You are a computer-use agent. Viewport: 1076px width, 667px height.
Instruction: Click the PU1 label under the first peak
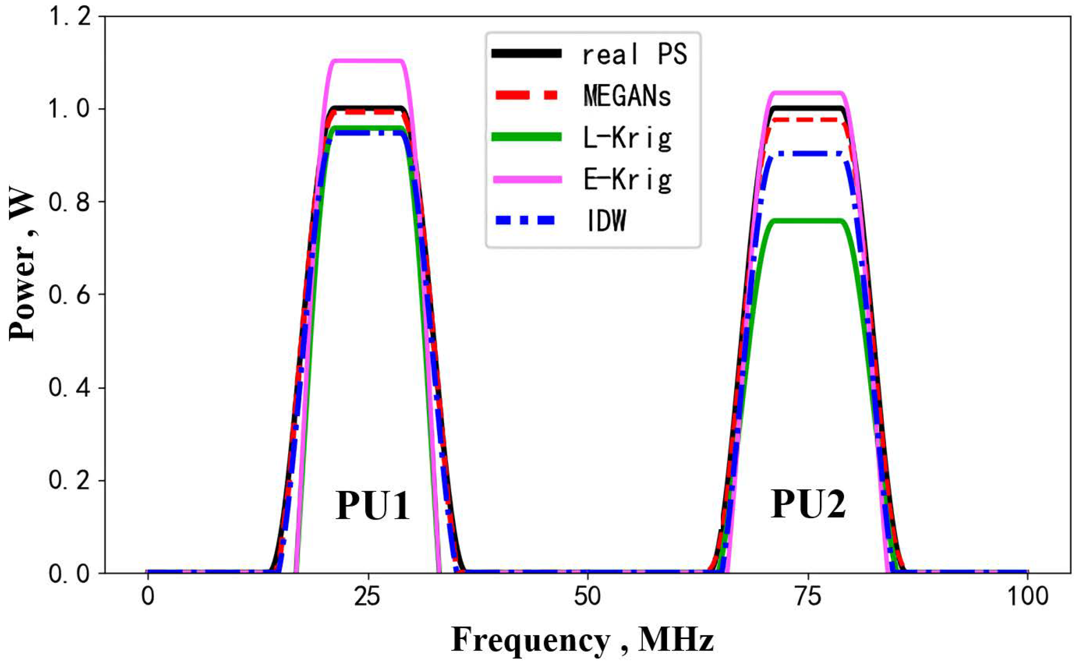pos(373,505)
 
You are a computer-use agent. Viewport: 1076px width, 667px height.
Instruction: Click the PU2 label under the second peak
pos(808,504)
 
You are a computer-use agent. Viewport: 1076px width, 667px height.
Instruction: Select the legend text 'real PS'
pos(634,54)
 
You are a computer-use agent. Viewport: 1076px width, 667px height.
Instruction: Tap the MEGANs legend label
pos(627,96)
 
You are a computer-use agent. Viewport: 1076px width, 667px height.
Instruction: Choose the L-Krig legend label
pos(627,138)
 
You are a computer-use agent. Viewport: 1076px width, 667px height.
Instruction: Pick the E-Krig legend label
pos(627,180)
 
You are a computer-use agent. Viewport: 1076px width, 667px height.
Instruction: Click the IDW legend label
pos(606,221)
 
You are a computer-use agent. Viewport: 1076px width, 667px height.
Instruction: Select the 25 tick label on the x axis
pos(367,597)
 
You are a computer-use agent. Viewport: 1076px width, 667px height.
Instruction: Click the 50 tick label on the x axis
pos(588,597)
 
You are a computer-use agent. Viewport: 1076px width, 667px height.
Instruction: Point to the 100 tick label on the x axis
pos(1028,597)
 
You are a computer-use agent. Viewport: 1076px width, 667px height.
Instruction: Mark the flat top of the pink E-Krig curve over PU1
pos(368,60)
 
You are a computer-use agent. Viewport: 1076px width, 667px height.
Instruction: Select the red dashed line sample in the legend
pos(526,95)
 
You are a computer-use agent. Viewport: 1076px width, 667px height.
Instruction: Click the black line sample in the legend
pos(526,53)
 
